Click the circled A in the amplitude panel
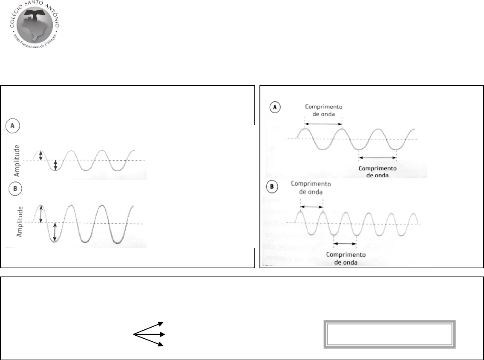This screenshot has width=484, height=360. pos(12,126)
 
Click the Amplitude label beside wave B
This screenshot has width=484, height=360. pos(19,222)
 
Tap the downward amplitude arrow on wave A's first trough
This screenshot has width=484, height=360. pos(55,165)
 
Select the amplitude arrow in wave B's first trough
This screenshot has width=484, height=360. pos(55,232)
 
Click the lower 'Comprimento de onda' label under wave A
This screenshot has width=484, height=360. pos(377,172)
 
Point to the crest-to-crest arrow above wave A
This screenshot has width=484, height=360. pos(323,124)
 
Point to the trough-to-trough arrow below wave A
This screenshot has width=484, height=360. pos(377,158)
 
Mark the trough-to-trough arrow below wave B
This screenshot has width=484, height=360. pos(345,244)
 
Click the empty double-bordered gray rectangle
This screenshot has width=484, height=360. pos(389,334)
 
